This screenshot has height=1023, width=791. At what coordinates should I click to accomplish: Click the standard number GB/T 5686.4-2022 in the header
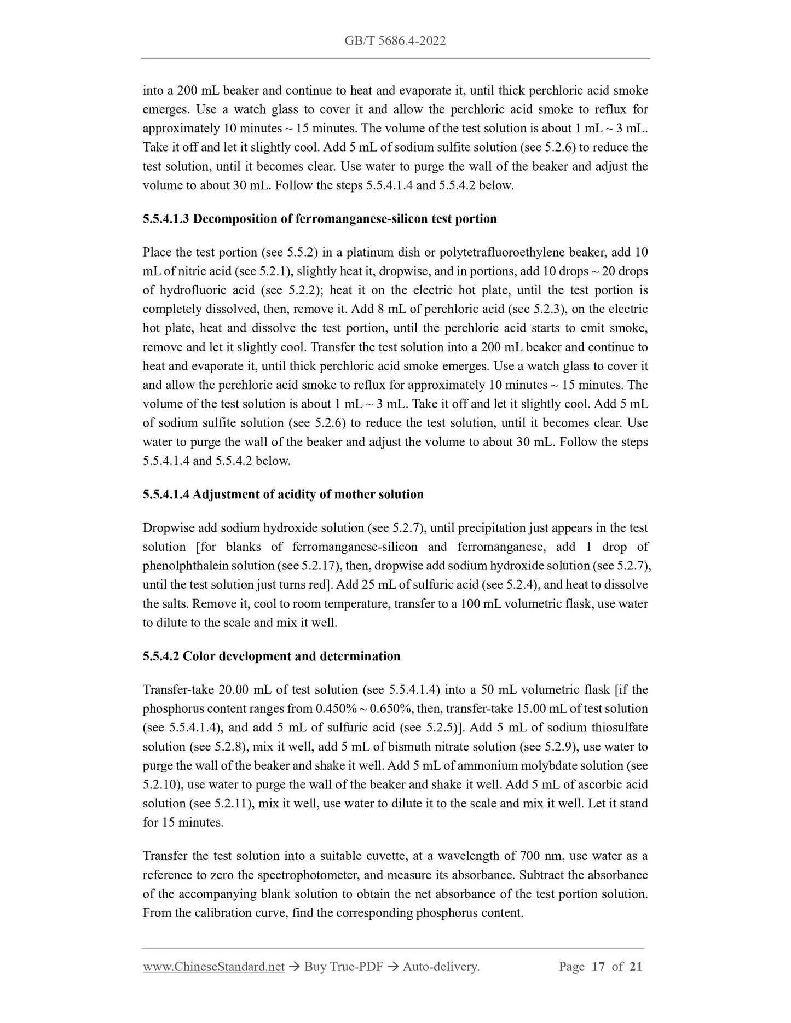tap(395, 40)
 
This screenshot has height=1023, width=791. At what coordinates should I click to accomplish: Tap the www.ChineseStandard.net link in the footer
tap(213, 967)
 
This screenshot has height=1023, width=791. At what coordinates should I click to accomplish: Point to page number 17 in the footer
tap(598, 967)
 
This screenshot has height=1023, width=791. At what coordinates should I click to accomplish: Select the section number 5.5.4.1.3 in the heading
tap(166, 219)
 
